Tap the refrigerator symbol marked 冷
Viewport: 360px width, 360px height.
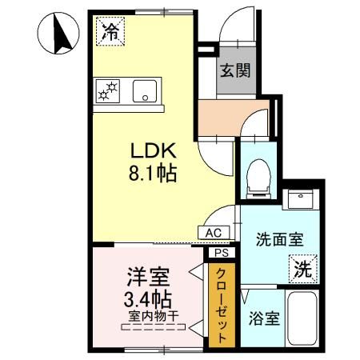coord(110,31)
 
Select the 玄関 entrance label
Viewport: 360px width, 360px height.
coord(235,70)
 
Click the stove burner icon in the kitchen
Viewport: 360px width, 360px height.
coord(106,91)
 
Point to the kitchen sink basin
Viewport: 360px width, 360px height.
coord(145,90)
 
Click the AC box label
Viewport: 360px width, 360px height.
coord(214,232)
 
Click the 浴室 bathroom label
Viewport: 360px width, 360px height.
coord(262,318)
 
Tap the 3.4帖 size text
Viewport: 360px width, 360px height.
coord(148,301)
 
